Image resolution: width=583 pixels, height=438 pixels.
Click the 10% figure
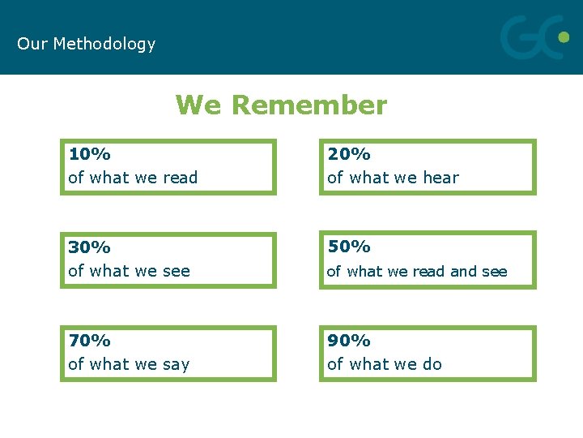[90, 154]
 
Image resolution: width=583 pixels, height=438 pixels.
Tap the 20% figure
[349, 154]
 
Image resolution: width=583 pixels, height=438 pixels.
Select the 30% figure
[90, 247]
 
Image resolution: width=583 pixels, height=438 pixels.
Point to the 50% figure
[349, 246]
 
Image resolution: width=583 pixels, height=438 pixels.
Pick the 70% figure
[90, 340]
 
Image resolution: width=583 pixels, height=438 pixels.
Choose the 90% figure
[349, 340]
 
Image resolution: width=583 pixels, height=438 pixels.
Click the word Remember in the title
[309, 105]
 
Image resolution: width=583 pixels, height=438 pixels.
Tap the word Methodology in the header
[104, 44]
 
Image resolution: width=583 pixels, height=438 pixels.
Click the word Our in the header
[32, 44]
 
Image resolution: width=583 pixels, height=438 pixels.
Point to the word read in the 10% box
[180, 178]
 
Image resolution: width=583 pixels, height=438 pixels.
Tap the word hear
[440, 178]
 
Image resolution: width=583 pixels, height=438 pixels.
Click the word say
[176, 364]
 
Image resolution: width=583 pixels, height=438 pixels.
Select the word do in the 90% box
[432, 364]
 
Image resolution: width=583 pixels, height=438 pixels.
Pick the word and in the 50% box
[464, 272]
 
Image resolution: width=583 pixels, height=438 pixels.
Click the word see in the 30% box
[176, 271]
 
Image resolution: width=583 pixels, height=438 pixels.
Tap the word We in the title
[198, 105]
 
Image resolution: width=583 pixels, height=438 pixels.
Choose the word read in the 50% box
[429, 272]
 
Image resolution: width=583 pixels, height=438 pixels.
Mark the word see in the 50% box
[495, 272]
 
